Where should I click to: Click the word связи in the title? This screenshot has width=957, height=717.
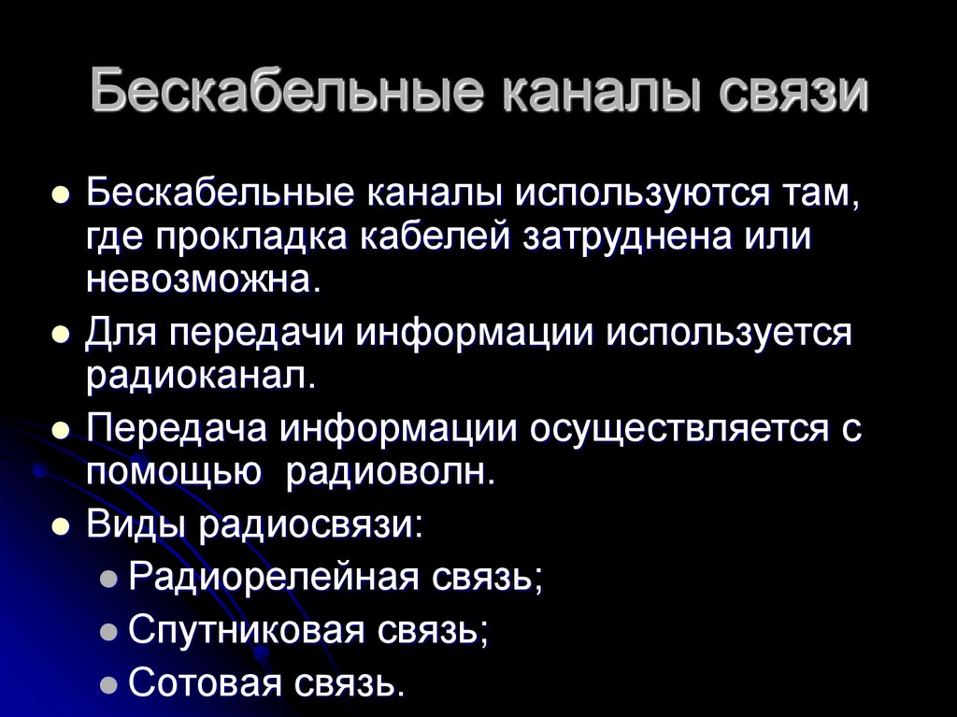[795, 94]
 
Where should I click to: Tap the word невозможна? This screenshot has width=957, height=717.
[203, 280]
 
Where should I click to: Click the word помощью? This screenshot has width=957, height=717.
[172, 473]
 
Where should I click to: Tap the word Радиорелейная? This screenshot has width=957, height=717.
[272, 577]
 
